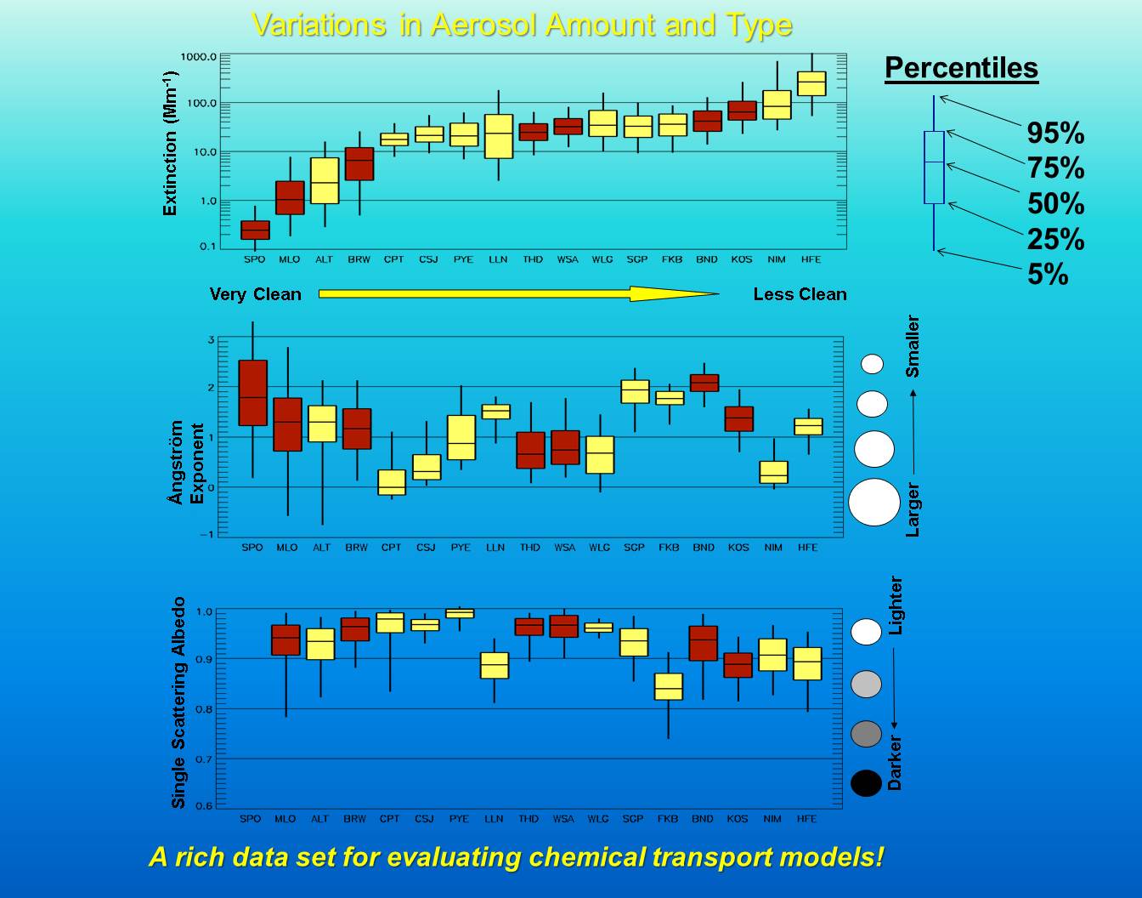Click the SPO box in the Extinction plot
tap(255, 230)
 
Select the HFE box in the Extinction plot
tap(811, 83)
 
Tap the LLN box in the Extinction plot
tap(498, 136)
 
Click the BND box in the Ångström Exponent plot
tap(704, 383)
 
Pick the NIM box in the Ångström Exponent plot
tap(773, 472)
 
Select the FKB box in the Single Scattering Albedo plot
tap(669, 686)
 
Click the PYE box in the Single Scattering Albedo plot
tap(460, 613)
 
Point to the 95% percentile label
tap(1055, 133)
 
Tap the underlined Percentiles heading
tap(961, 68)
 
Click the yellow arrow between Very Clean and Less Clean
tap(518, 293)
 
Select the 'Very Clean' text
tap(256, 294)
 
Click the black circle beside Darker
tap(866, 783)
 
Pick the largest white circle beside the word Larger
tap(874, 502)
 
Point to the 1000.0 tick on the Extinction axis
tap(199, 57)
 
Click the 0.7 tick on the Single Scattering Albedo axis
tap(203, 759)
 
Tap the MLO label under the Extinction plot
tap(290, 259)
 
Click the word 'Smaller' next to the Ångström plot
tap(913, 346)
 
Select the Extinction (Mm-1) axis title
tap(170, 143)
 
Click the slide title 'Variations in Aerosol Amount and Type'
tap(522, 24)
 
